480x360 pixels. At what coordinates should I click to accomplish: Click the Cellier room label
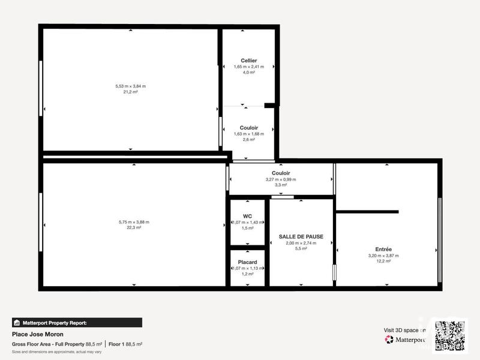pos(249,61)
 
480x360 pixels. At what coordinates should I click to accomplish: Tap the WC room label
pos(247,216)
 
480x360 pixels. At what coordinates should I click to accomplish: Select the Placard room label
pos(247,262)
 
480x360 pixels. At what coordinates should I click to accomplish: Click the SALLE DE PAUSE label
pos(301,236)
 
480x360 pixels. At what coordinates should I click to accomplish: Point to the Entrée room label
pos(383,249)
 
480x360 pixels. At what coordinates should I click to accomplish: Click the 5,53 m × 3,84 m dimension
pos(130,86)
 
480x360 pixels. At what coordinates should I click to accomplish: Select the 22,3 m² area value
pos(134,228)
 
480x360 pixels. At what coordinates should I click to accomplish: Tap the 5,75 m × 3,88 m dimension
pos(134,222)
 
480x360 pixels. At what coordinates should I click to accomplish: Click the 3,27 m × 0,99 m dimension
pos(281,179)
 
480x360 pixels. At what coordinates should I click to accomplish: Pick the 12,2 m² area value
pos(383,261)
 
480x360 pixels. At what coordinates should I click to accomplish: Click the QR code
pos(450,335)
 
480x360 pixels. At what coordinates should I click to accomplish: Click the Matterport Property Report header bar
pos(77,322)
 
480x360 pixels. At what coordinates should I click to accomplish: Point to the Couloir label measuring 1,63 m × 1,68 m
pos(249,127)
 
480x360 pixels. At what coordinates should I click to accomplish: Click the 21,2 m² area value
pos(130,92)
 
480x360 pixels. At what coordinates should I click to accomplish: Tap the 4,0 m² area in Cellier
pos(249,73)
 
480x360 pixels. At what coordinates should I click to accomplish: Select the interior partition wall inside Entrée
pos(367,211)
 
